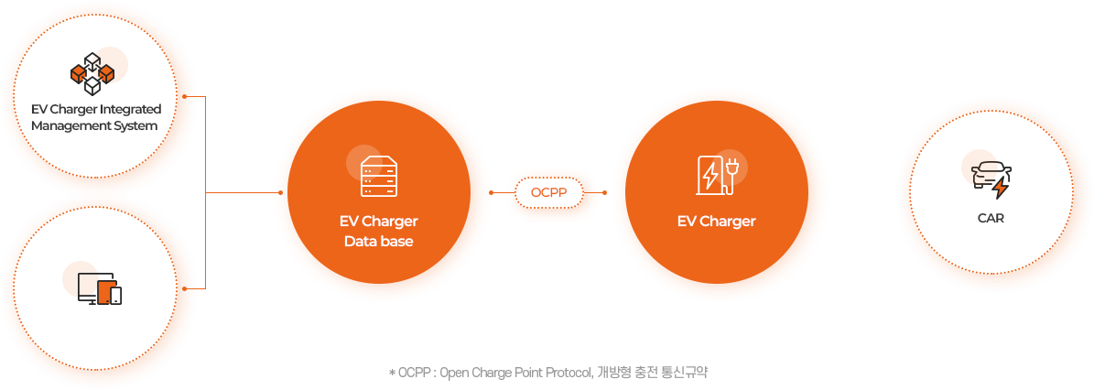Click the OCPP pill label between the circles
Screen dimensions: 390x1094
(x=549, y=193)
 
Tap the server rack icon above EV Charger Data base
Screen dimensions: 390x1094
(x=379, y=177)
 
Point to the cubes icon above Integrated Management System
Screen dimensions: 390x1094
(x=92, y=73)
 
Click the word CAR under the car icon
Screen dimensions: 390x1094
(x=991, y=219)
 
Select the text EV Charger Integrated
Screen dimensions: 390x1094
(x=95, y=110)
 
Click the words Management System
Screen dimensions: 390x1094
(x=93, y=125)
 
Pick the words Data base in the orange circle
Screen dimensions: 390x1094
(x=378, y=242)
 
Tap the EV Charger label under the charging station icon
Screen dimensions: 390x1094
(x=716, y=222)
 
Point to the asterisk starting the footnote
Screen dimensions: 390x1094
(x=392, y=374)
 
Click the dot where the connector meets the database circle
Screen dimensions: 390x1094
(x=280, y=193)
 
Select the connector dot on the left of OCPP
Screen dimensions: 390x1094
(x=492, y=193)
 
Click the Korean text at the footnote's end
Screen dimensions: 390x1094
(x=654, y=373)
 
